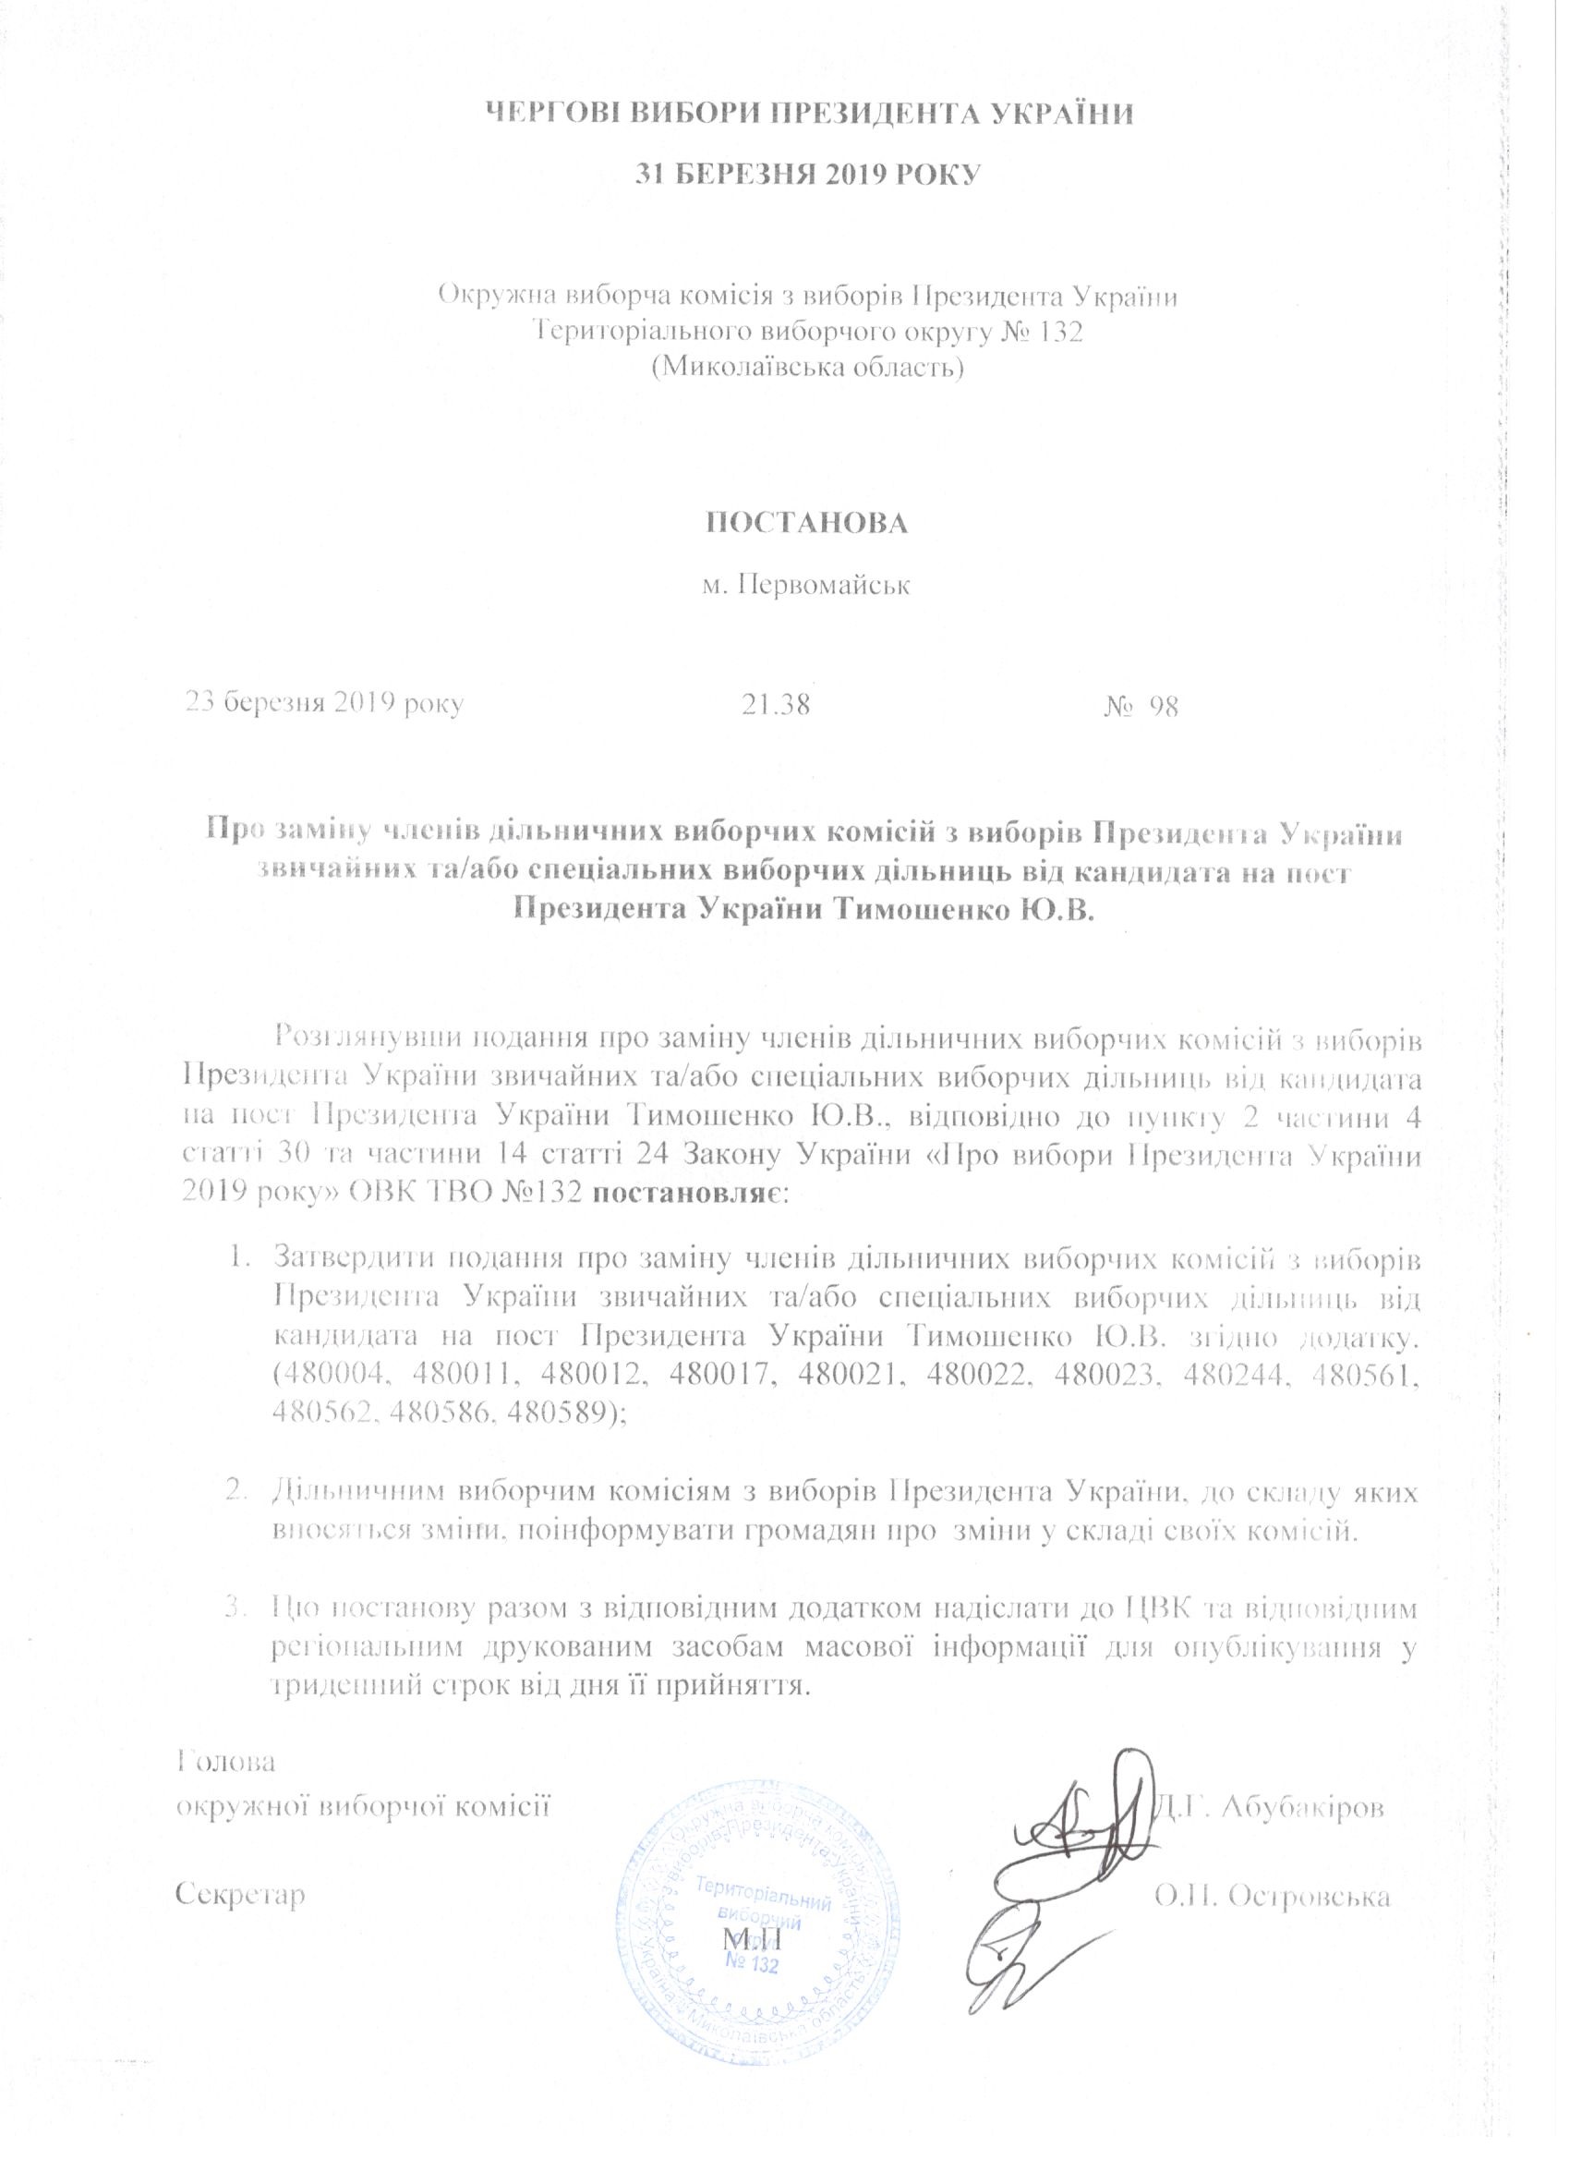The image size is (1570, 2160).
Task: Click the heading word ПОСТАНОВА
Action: [805, 524]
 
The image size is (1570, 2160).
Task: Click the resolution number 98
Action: [1164, 706]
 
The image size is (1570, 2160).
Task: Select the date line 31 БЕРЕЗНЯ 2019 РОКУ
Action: [806, 175]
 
